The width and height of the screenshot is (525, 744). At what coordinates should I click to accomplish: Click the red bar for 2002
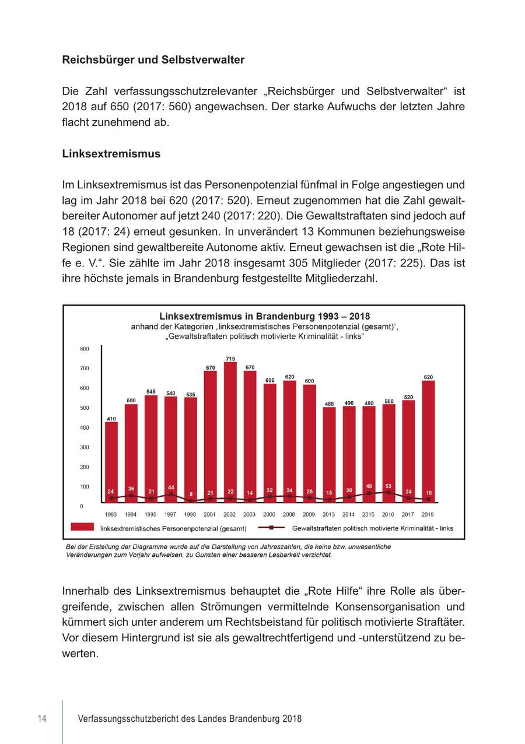coord(230,431)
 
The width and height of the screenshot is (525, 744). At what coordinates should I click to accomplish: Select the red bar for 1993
coord(111,461)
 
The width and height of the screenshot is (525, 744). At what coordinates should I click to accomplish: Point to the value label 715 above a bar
coord(230,359)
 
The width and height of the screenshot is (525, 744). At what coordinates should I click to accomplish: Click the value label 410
coord(111,419)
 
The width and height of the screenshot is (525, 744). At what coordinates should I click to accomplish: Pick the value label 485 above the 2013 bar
coord(329,403)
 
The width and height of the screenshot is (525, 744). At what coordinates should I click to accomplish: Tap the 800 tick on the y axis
coord(85,349)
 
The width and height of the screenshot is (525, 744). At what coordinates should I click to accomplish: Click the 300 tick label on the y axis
coord(85,447)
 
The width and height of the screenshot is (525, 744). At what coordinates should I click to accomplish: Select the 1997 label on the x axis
coord(170,514)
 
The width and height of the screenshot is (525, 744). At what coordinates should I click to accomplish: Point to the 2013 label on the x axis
coord(329,514)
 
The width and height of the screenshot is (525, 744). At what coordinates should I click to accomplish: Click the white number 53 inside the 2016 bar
coord(388,485)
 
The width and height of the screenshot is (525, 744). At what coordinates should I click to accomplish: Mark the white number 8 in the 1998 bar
coord(190,494)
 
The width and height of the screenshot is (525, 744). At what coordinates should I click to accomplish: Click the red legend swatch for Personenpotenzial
coord(82,527)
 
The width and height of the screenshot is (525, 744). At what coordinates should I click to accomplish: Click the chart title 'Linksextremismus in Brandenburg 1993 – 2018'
coord(264,317)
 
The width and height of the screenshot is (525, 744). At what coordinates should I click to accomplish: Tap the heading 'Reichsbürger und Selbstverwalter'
coord(153,59)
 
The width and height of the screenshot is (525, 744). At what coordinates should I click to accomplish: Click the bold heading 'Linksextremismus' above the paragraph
coord(111,154)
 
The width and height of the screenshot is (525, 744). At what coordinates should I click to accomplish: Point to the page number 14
coord(42,718)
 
